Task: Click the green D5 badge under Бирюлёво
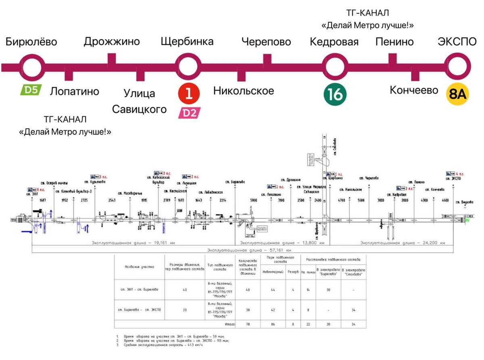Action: pyautogui.click(x=31, y=89)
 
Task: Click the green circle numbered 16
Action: pyautogui.click(x=335, y=94)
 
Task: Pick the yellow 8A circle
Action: pyautogui.click(x=457, y=94)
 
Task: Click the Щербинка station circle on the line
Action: pyautogui.click(x=188, y=67)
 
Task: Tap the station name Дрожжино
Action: pyautogui.click(x=112, y=42)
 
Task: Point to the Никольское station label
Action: pyautogui.click(x=244, y=91)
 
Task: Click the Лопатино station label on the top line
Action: pyautogui.click(x=74, y=91)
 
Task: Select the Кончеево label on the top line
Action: pyautogui.click(x=414, y=90)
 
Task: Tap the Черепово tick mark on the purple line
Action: pyautogui.click(x=267, y=60)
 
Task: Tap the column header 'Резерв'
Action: pyautogui.click(x=293, y=271)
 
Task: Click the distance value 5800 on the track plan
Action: pyautogui.click(x=253, y=200)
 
